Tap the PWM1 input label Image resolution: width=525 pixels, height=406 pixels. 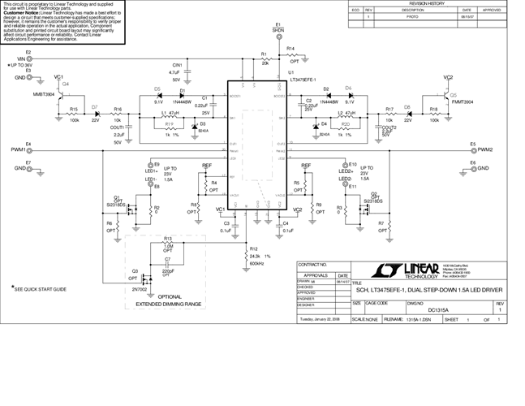(x=18, y=151)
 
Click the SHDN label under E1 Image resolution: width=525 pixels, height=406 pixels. (x=278, y=32)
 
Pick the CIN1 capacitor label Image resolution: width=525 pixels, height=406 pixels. (x=175, y=63)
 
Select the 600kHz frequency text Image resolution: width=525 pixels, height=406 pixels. (x=256, y=264)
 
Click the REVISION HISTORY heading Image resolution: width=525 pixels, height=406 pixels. (x=431, y=4)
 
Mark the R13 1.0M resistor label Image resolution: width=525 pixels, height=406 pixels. (x=167, y=242)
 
